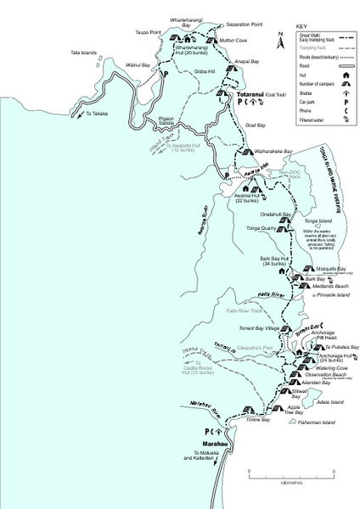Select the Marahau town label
(215, 444)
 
